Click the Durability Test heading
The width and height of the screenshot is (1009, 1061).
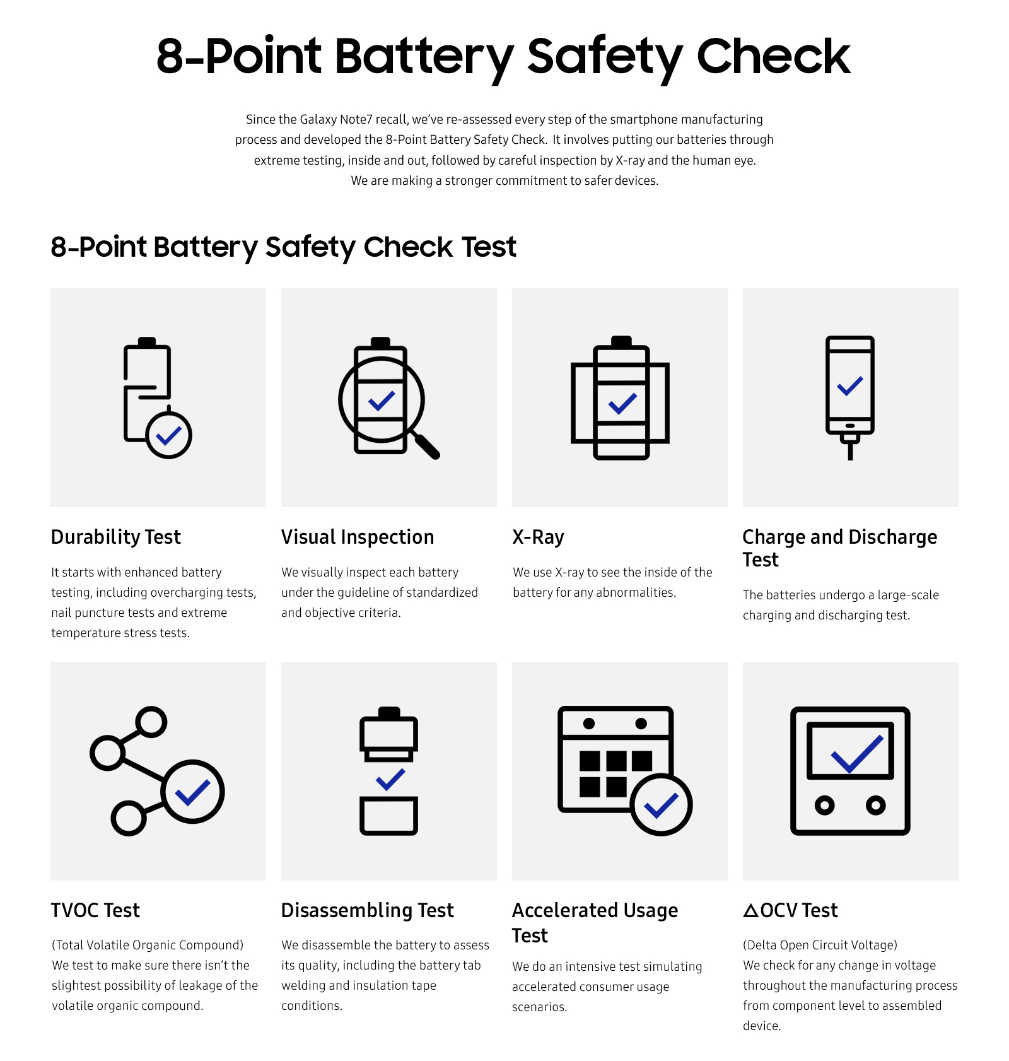tap(116, 537)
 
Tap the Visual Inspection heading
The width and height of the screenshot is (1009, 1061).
tap(358, 537)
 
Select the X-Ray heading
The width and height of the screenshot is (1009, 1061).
tap(538, 537)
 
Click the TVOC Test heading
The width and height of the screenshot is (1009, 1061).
tap(95, 910)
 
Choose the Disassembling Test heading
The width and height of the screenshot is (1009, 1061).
tap(367, 910)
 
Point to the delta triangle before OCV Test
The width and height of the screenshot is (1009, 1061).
tap(750, 911)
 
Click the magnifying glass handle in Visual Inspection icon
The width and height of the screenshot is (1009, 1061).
tap(428, 446)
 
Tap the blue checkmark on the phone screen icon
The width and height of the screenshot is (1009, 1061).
tap(849, 385)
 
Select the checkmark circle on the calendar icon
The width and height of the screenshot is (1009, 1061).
tap(661, 805)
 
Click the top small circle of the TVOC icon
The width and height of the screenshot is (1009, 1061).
tap(151, 722)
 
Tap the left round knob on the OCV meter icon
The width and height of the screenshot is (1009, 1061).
tap(824, 805)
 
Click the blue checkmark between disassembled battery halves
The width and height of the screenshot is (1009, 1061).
tap(390, 780)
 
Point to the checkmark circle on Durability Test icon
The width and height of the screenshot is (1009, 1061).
tap(169, 435)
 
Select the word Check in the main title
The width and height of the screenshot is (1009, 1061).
tap(773, 57)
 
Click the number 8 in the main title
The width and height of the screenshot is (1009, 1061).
tap(170, 57)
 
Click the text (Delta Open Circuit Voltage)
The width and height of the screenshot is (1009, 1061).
tap(820, 945)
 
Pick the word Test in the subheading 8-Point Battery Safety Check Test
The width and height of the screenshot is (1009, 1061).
tap(489, 247)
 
